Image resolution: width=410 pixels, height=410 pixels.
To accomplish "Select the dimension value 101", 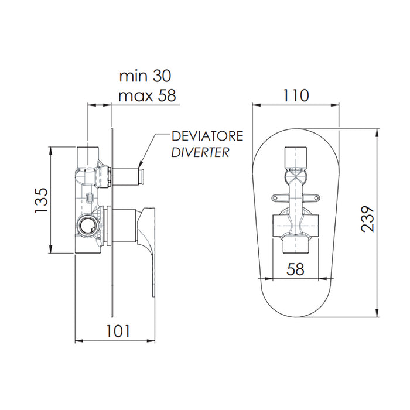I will click(118, 331).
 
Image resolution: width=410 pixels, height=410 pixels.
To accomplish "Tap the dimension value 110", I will click(296, 94).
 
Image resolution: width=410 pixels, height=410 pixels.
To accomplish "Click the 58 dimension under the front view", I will click(296, 269).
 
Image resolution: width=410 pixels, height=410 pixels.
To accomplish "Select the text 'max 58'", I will click(147, 95).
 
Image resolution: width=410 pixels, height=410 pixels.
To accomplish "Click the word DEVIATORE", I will click(207, 137).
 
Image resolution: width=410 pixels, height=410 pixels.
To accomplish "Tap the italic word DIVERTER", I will click(200, 153).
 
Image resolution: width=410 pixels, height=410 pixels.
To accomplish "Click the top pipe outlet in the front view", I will click(296, 156).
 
